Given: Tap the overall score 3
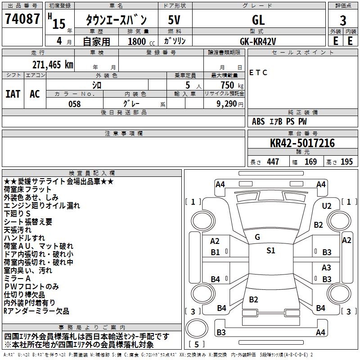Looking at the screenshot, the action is (x=343, y=20).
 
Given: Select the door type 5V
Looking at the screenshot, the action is (x=175, y=20).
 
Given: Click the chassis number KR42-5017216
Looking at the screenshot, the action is (x=302, y=143).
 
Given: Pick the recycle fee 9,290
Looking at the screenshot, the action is (x=226, y=104).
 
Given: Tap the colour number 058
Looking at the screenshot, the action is (x=74, y=104).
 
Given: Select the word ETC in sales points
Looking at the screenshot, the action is (x=258, y=72).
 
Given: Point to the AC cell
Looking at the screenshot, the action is (x=35, y=94).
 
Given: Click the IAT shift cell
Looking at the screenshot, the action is (x=13, y=94).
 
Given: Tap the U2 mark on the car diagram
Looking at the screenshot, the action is (x=327, y=206).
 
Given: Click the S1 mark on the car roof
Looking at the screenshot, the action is (x=270, y=251).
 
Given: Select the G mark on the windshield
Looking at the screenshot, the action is (x=257, y=237).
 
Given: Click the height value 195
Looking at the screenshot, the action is (x=347, y=162).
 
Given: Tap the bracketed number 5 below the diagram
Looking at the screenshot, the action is (x=197, y=345).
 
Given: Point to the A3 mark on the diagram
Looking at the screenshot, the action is (x=327, y=267).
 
